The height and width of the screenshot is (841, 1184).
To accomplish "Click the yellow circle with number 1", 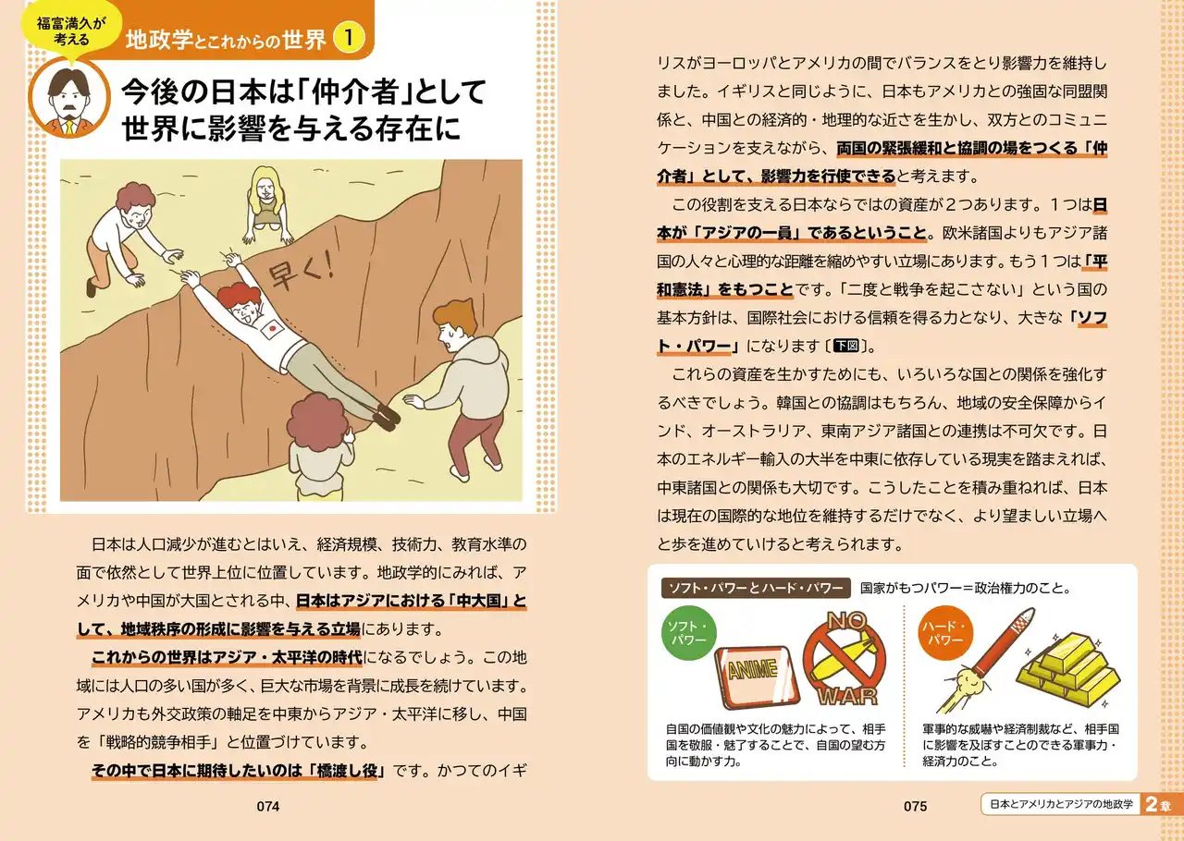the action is click(349, 37).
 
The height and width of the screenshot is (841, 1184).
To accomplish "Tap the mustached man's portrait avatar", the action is click(69, 98).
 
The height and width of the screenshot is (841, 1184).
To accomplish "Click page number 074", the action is click(268, 806).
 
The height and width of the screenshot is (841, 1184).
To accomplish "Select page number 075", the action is click(915, 806).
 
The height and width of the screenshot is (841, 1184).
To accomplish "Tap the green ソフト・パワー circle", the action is click(689, 633).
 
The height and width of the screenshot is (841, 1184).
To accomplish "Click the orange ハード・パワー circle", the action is click(945, 633).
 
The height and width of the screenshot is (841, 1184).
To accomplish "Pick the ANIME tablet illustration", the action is click(757, 676).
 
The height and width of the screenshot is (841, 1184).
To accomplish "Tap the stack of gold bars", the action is click(1068, 669).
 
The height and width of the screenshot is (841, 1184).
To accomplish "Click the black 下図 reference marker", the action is click(845, 346).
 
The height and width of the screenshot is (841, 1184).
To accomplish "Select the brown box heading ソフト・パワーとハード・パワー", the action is click(756, 588).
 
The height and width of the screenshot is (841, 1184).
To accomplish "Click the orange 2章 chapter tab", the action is click(1161, 804).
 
